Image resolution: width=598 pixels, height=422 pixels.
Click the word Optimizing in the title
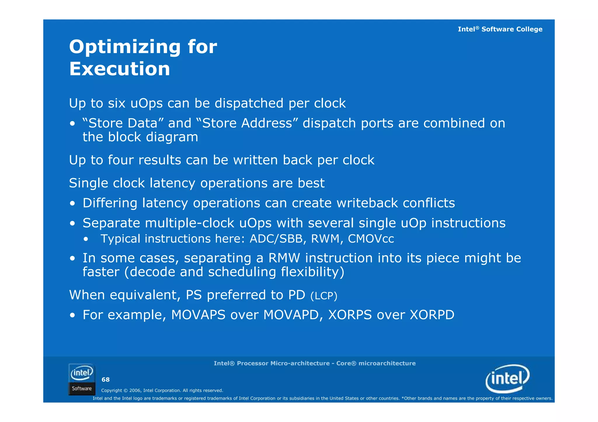125,47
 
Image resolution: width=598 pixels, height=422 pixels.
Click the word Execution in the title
119,69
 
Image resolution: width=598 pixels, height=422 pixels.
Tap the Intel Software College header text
500,29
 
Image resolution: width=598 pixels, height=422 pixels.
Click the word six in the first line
117,104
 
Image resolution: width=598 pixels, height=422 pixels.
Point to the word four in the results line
121,160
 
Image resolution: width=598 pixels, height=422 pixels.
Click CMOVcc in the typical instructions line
371,239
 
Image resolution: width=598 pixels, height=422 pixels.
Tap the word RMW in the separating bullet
284,258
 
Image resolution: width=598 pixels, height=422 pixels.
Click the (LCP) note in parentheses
324,296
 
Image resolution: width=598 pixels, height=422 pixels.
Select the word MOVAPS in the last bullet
198,315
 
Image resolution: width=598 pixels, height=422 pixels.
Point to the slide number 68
105,380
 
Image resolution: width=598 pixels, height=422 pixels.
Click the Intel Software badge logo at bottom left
82,379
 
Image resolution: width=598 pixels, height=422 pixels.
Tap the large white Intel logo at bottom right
507,379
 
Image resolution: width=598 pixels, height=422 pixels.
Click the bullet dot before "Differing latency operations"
72,203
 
